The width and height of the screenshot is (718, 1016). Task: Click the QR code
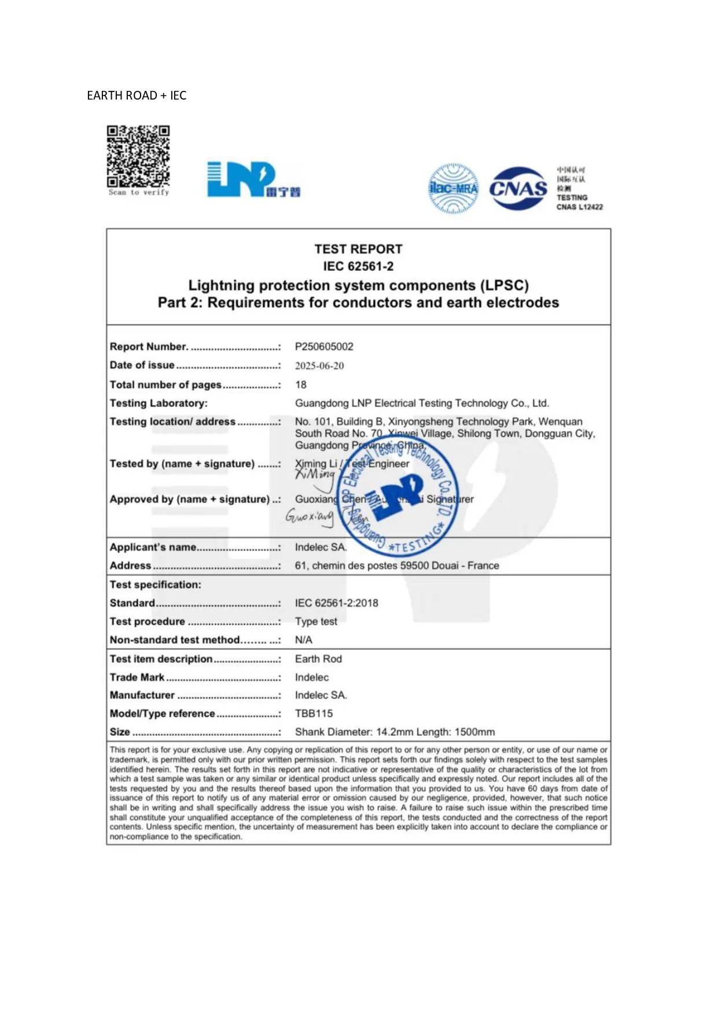(x=138, y=156)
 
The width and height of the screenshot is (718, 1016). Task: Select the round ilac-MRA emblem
(x=454, y=189)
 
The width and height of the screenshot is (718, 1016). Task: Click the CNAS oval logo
(x=518, y=188)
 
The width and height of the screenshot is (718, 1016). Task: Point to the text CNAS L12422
(x=579, y=207)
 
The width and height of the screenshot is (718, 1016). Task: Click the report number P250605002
(x=324, y=347)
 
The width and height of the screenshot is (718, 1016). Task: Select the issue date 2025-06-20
(x=319, y=366)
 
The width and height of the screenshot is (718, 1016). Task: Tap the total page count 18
(x=301, y=384)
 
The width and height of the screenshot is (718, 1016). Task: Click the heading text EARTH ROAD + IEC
(x=137, y=96)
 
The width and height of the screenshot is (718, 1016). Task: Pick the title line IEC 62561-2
(x=358, y=266)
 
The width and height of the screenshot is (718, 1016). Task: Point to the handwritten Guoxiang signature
(x=310, y=515)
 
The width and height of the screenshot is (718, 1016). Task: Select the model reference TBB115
(x=314, y=713)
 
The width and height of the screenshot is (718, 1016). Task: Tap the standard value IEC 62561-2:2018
(x=336, y=603)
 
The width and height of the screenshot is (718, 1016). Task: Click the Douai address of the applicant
(x=396, y=566)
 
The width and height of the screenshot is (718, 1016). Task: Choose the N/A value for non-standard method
(x=303, y=640)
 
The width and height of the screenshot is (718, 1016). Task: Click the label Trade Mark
(x=137, y=677)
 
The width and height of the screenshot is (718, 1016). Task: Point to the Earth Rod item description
(x=318, y=659)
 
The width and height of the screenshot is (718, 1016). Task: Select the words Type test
(x=316, y=621)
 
